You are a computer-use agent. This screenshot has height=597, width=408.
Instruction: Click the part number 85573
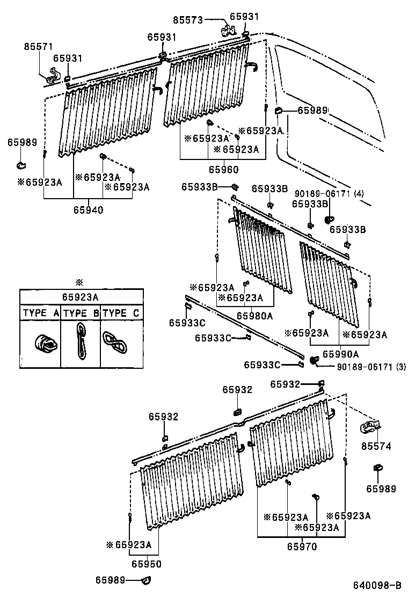click(x=188, y=20)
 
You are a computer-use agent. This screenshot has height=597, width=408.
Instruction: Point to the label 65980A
click(x=254, y=316)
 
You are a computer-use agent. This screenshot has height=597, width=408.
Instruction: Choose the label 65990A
click(x=340, y=354)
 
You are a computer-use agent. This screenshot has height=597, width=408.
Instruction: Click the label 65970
click(x=302, y=547)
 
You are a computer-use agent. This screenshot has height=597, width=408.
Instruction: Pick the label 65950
click(x=147, y=564)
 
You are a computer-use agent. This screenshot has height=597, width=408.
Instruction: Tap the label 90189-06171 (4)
click(x=329, y=193)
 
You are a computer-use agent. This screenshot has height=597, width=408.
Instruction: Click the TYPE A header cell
click(x=40, y=313)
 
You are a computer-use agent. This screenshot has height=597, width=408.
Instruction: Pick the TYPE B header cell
click(x=81, y=313)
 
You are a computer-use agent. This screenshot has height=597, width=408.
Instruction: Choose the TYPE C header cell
click(x=122, y=313)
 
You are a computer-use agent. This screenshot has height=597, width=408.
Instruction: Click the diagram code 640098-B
click(x=377, y=585)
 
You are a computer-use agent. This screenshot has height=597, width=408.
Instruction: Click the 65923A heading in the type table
click(x=81, y=296)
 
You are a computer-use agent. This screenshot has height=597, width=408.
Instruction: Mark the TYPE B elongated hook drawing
click(x=81, y=341)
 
